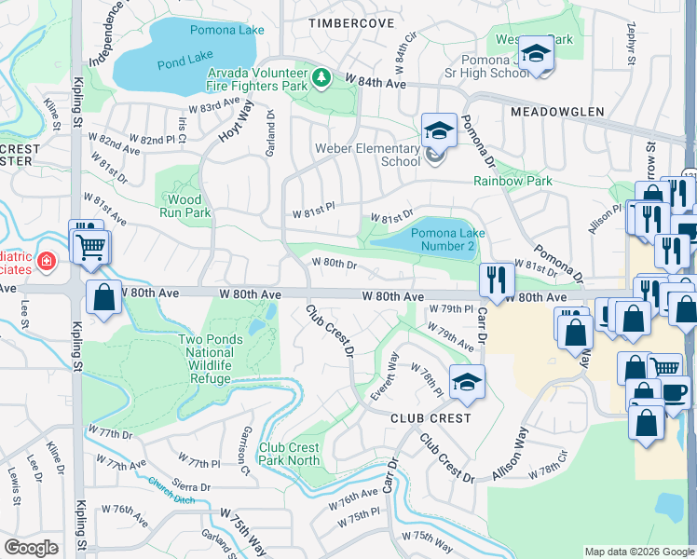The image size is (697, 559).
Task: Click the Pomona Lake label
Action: pos(226,30)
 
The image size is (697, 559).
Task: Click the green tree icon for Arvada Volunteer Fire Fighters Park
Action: pos(321,76)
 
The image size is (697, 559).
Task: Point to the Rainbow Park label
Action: pos(512,181)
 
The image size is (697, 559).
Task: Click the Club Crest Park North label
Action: pos(290,454)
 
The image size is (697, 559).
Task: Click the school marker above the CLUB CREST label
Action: pos(467,380)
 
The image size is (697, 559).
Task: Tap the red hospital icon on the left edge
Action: pos(47,262)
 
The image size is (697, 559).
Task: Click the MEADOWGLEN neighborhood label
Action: pos(552,111)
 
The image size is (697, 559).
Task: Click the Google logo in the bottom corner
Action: pos(31,547)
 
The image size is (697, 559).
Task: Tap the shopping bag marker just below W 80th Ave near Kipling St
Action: pos(104,297)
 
